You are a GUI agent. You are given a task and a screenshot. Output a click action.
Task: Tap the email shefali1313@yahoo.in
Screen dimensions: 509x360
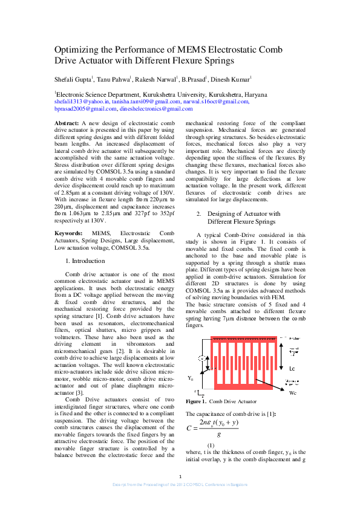tap(77, 102)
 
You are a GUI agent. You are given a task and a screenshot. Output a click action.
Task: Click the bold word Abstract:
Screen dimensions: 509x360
tap(67, 123)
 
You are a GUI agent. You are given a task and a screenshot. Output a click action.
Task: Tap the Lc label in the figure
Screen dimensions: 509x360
tap(292, 368)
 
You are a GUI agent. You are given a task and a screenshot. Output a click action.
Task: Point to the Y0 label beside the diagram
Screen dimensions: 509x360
tap(191, 378)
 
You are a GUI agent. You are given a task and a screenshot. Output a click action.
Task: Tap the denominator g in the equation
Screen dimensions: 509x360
tap(218, 434)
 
